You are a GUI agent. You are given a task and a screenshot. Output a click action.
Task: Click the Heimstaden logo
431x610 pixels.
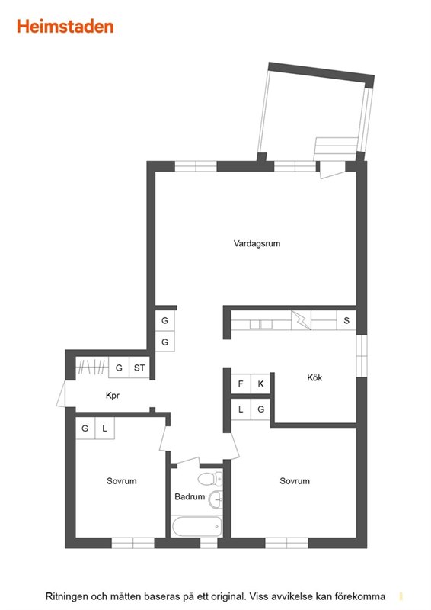click(x=65, y=27)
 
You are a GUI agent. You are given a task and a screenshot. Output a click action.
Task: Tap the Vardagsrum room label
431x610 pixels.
click(x=257, y=243)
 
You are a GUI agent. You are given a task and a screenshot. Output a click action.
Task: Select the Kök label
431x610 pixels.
click(x=314, y=377)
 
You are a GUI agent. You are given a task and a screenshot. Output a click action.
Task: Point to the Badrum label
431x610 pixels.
click(x=190, y=496)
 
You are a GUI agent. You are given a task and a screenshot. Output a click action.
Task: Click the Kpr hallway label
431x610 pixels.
click(x=112, y=396)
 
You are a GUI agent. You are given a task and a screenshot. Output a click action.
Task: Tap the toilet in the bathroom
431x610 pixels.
click(x=210, y=479)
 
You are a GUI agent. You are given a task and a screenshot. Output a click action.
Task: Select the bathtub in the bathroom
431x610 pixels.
click(x=197, y=526)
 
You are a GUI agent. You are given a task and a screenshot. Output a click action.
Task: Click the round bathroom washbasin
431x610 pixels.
click(x=215, y=499)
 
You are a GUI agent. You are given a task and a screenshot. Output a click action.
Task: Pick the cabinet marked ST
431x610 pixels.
click(x=139, y=368)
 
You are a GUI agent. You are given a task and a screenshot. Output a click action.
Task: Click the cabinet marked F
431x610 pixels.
click(x=241, y=384)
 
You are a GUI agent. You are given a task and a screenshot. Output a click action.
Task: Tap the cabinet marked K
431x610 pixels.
click(x=260, y=384)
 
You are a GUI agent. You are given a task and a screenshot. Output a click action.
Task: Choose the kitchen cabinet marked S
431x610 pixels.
click(x=346, y=320)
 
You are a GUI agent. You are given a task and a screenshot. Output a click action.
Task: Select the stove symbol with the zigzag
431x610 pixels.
click(x=302, y=320)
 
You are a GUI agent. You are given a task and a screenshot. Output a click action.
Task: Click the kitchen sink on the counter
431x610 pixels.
click(x=261, y=325)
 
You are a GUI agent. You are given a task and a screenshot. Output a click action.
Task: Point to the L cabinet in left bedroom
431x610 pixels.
click(x=104, y=429)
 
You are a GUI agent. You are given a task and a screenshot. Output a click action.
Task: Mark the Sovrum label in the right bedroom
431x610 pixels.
click(x=295, y=481)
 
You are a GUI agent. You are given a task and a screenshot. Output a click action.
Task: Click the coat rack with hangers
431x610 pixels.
click(x=91, y=367)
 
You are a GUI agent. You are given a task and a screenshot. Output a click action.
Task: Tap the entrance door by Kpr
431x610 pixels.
click(x=62, y=393)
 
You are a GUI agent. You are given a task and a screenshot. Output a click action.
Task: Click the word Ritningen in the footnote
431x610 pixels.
click(x=66, y=596)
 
